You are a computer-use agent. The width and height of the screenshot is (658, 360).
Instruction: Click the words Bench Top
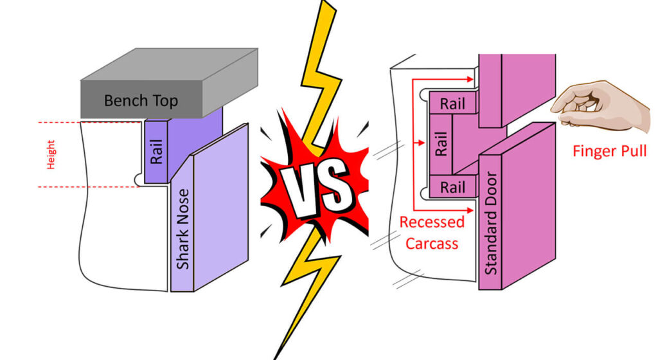[x=141, y=101]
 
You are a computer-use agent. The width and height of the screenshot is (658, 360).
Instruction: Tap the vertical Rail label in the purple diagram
[x=156, y=152]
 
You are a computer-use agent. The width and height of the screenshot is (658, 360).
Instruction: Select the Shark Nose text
[x=183, y=229]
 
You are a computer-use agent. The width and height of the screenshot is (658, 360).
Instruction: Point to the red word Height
[x=51, y=154]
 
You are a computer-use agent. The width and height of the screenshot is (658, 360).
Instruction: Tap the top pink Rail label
[x=452, y=104]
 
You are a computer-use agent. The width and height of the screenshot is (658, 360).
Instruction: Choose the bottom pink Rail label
[x=452, y=187]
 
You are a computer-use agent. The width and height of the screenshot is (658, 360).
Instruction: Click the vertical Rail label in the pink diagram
[x=441, y=144]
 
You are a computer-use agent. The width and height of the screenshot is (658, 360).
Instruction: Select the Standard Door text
[x=490, y=223]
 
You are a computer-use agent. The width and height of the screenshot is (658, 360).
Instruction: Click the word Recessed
[x=432, y=222]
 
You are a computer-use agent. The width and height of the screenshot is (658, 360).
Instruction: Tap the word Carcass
[x=432, y=244]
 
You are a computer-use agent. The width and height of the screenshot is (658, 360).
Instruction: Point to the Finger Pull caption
[x=609, y=151]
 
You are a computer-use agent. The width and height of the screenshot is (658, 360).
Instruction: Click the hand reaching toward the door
[x=601, y=105]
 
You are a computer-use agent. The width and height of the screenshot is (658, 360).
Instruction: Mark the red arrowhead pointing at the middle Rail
[x=422, y=143]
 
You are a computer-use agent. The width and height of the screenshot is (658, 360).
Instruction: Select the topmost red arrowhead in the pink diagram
[x=470, y=79]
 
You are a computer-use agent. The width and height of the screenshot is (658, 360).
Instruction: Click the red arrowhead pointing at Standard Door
[x=470, y=210]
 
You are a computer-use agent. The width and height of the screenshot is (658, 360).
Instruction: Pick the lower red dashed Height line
[x=89, y=186]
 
